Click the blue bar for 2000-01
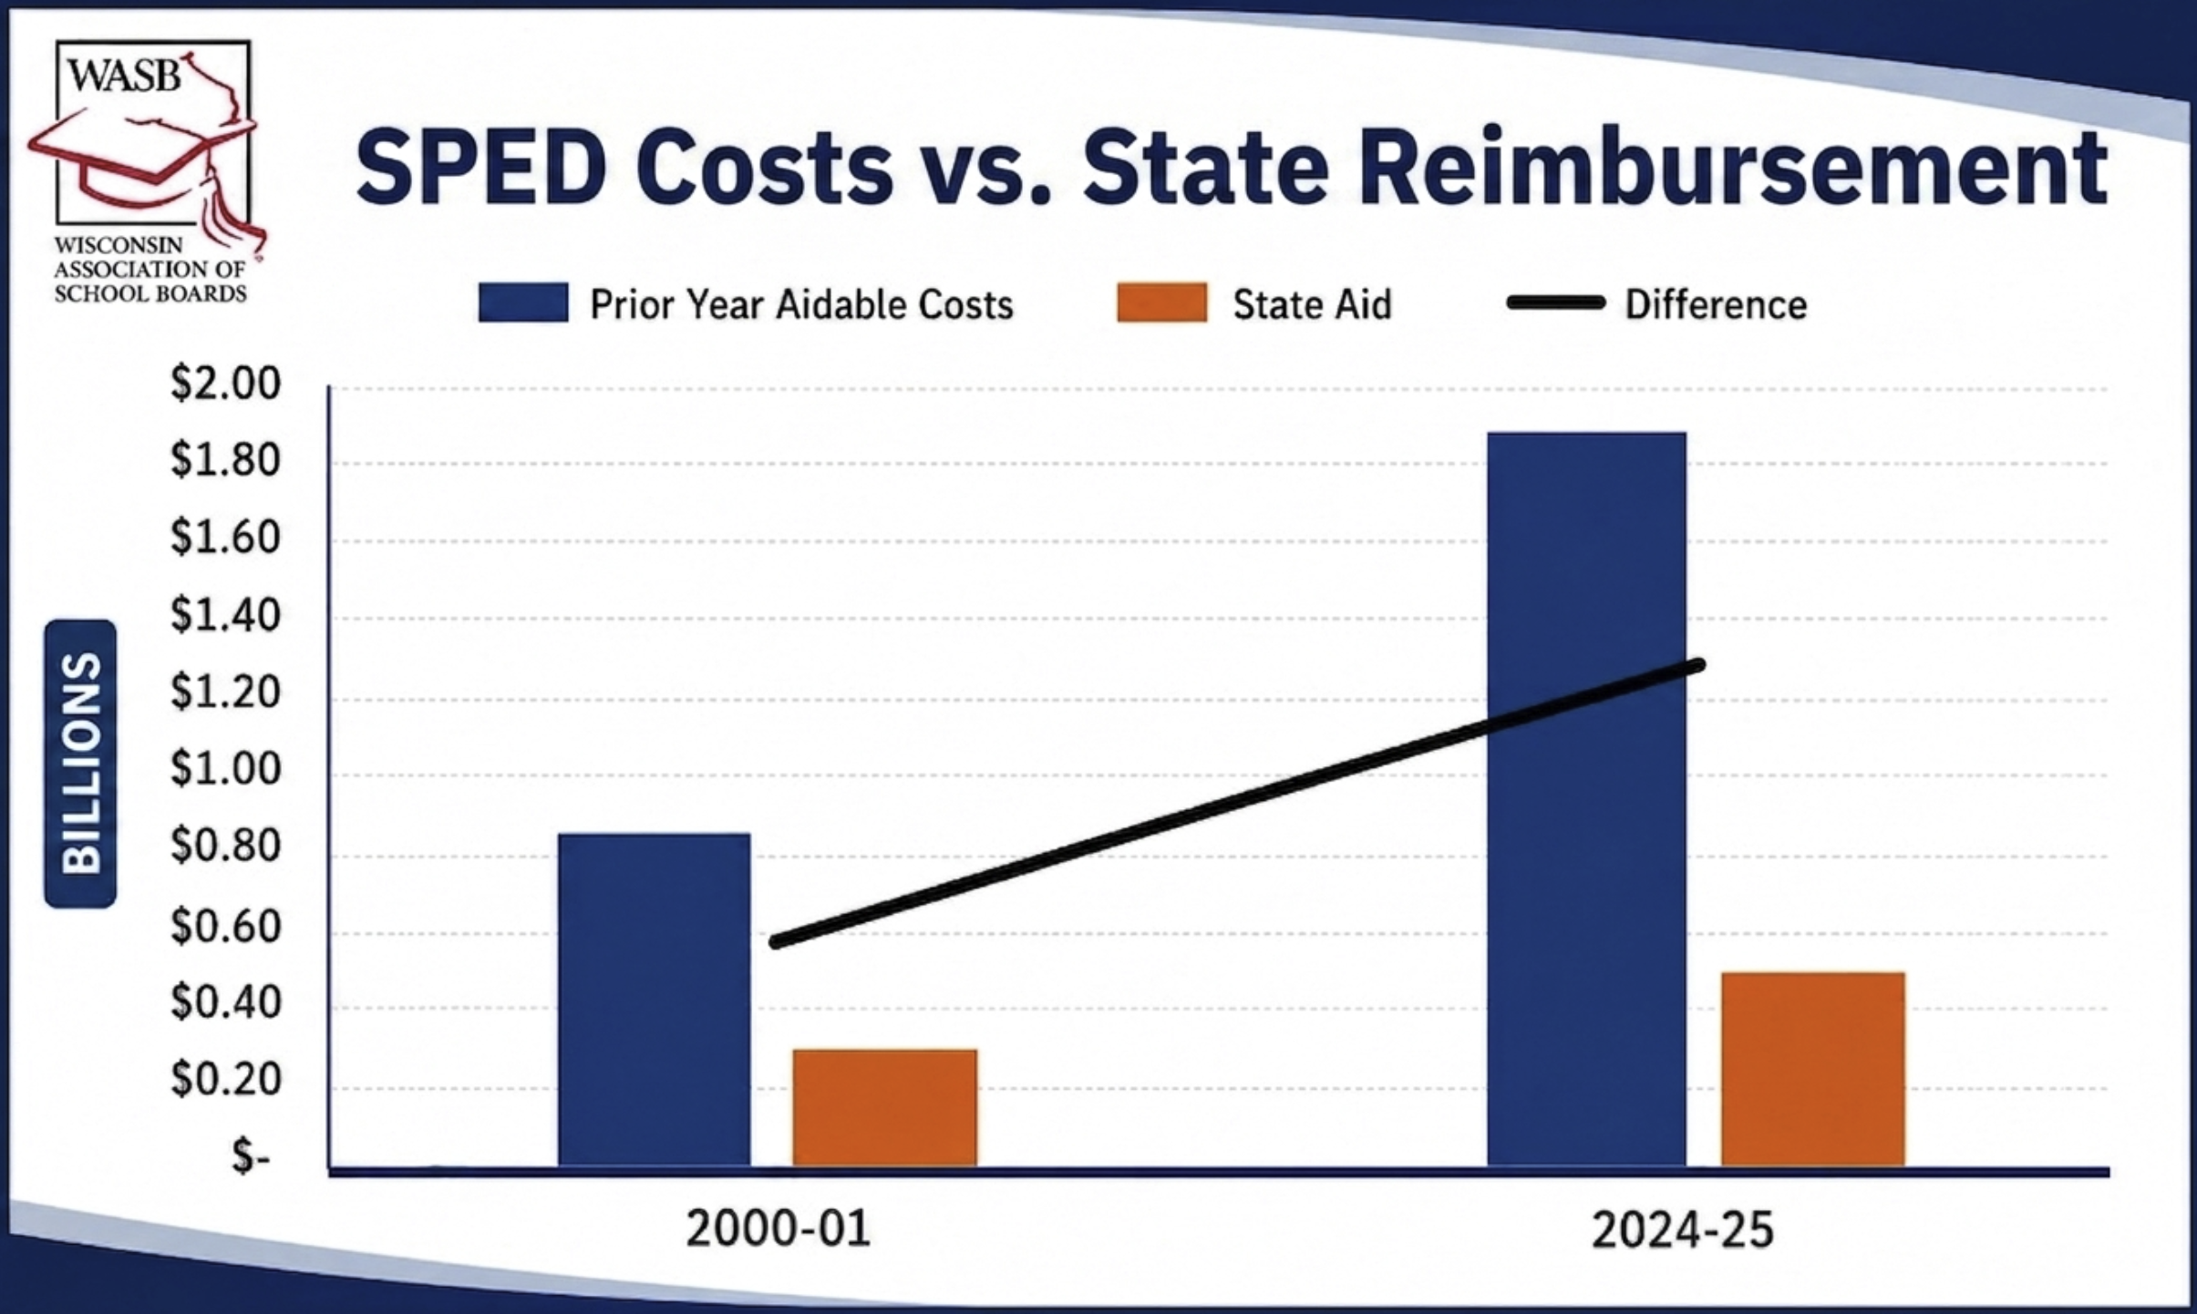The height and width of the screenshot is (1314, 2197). (655, 1000)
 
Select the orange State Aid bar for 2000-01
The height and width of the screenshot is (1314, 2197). (884, 1108)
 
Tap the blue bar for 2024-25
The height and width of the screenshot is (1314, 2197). (1586, 799)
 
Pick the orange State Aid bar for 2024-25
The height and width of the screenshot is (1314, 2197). (1812, 1070)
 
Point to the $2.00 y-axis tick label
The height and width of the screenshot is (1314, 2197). (225, 383)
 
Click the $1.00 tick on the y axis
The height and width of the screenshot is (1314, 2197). (225, 769)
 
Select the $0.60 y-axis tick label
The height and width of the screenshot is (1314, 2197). (225, 926)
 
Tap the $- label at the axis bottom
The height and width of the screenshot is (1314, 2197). (251, 1156)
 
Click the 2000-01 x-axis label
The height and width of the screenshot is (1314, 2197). (778, 1228)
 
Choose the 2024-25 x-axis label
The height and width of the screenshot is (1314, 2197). (1682, 1229)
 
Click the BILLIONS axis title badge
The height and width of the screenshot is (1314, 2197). (80, 763)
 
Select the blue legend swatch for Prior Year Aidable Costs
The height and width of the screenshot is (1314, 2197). (523, 303)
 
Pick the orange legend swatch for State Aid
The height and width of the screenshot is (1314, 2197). (1162, 303)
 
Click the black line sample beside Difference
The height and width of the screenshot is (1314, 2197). (1555, 303)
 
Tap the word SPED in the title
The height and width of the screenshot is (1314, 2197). (480, 167)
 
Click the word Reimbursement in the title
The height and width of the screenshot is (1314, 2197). (1732, 167)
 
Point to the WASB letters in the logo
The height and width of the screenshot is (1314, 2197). (125, 75)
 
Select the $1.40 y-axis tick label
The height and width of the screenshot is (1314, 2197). (225, 614)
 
